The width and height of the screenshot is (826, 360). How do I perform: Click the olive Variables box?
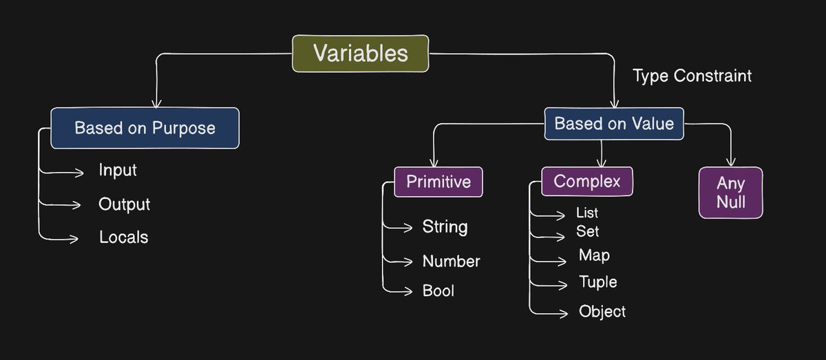[x=361, y=53]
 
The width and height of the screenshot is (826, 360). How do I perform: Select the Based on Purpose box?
[x=145, y=128]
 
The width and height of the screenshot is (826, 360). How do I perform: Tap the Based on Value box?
[x=614, y=124]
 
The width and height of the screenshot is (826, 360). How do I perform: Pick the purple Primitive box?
[x=438, y=182]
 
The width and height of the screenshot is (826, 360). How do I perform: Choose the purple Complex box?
[x=586, y=181]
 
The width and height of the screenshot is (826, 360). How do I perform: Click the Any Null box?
[x=730, y=193]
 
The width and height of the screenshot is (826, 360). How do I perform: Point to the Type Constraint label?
[x=692, y=76]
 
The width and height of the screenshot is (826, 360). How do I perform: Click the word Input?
[x=118, y=170]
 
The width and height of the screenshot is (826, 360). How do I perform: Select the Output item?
[x=124, y=204]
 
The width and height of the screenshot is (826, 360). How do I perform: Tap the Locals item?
[x=123, y=237]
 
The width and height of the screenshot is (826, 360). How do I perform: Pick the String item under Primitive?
[x=445, y=226]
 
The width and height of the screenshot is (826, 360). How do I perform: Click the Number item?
[x=451, y=262]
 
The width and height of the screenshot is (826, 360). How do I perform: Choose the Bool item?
[x=438, y=291]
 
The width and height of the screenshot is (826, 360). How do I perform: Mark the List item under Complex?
[x=587, y=213]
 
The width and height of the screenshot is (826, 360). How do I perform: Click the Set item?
[x=587, y=232]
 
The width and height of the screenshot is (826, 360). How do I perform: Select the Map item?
[x=594, y=255]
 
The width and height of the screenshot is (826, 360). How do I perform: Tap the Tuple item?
[x=598, y=282]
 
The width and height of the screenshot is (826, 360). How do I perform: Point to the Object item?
[x=602, y=312]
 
